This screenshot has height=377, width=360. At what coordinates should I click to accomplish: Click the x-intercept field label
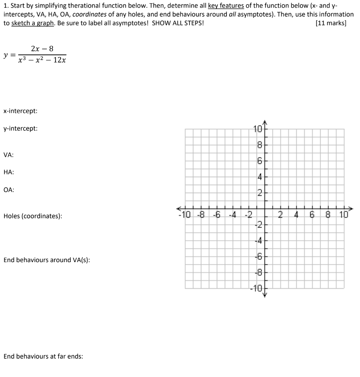20,111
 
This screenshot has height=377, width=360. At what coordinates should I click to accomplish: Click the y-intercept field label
20,129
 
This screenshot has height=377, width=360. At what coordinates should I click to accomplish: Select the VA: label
9,155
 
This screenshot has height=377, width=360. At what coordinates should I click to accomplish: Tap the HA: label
9,172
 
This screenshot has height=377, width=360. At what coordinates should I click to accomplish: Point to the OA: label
9,190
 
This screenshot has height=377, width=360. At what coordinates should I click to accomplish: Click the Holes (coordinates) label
33,216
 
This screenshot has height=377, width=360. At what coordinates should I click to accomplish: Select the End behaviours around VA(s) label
47,260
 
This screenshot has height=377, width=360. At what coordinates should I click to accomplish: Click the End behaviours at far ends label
43,356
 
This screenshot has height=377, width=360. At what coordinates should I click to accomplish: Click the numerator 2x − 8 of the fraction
42,49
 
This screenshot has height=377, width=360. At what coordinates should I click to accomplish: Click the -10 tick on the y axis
256,288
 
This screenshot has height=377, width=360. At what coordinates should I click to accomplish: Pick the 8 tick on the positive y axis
259,145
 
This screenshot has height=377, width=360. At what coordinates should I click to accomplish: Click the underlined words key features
225,6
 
